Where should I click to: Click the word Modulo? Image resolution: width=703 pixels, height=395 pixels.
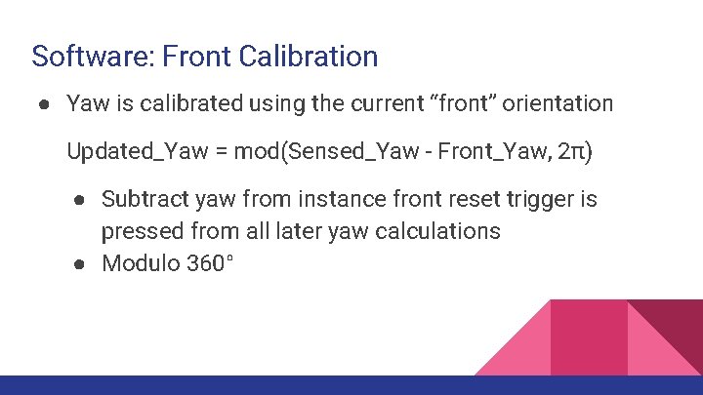pyautogui.click(x=140, y=262)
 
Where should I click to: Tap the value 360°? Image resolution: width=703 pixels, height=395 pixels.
pyautogui.click(x=209, y=262)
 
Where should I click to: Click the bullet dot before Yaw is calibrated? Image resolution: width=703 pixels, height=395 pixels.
pyautogui.click(x=45, y=103)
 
